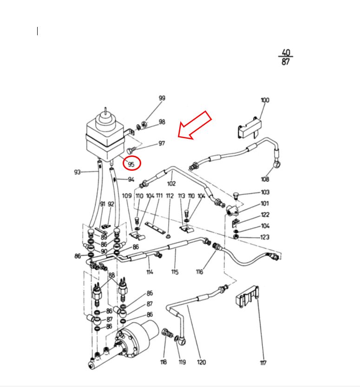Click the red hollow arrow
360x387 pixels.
[x=195, y=125]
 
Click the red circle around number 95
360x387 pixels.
[x=123, y=163]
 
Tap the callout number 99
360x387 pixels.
[x=162, y=98]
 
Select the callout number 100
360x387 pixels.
[x=265, y=100]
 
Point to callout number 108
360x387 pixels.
[x=265, y=179]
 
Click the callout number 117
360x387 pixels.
[x=263, y=362]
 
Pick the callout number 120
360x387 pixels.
[x=202, y=362]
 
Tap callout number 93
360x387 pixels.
[x=77, y=172]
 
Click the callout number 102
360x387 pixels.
[x=171, y=184]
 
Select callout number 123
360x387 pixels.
[x=265, y=237]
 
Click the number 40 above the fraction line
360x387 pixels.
[x=286, y=52]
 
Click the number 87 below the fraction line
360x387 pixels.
[x=286, y=61]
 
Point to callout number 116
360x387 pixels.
[x=199, y=272]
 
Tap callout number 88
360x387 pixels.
[x=111, y=275]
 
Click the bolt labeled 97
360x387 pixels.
[x=131, y=149]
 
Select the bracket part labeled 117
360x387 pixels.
[x=247, y=297]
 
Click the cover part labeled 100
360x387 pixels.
[x=249, y=128]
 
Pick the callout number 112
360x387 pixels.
[x=170, y=196]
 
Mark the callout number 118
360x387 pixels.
[x=164, y=362]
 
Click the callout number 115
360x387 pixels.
[x=175, y=272]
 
